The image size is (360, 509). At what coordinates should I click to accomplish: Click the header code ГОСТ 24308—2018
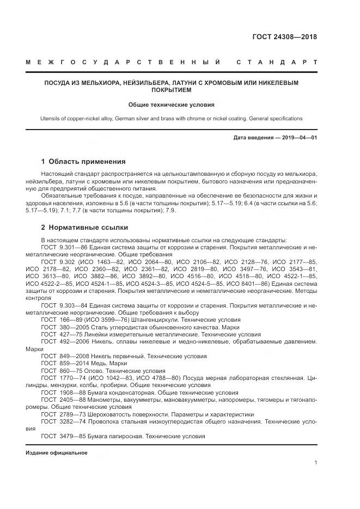point(284,37)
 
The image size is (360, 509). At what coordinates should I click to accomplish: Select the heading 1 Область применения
point(83,162)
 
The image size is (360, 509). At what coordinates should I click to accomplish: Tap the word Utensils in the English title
point(52,118)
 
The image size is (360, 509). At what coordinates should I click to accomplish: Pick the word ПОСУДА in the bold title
point(57,83)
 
